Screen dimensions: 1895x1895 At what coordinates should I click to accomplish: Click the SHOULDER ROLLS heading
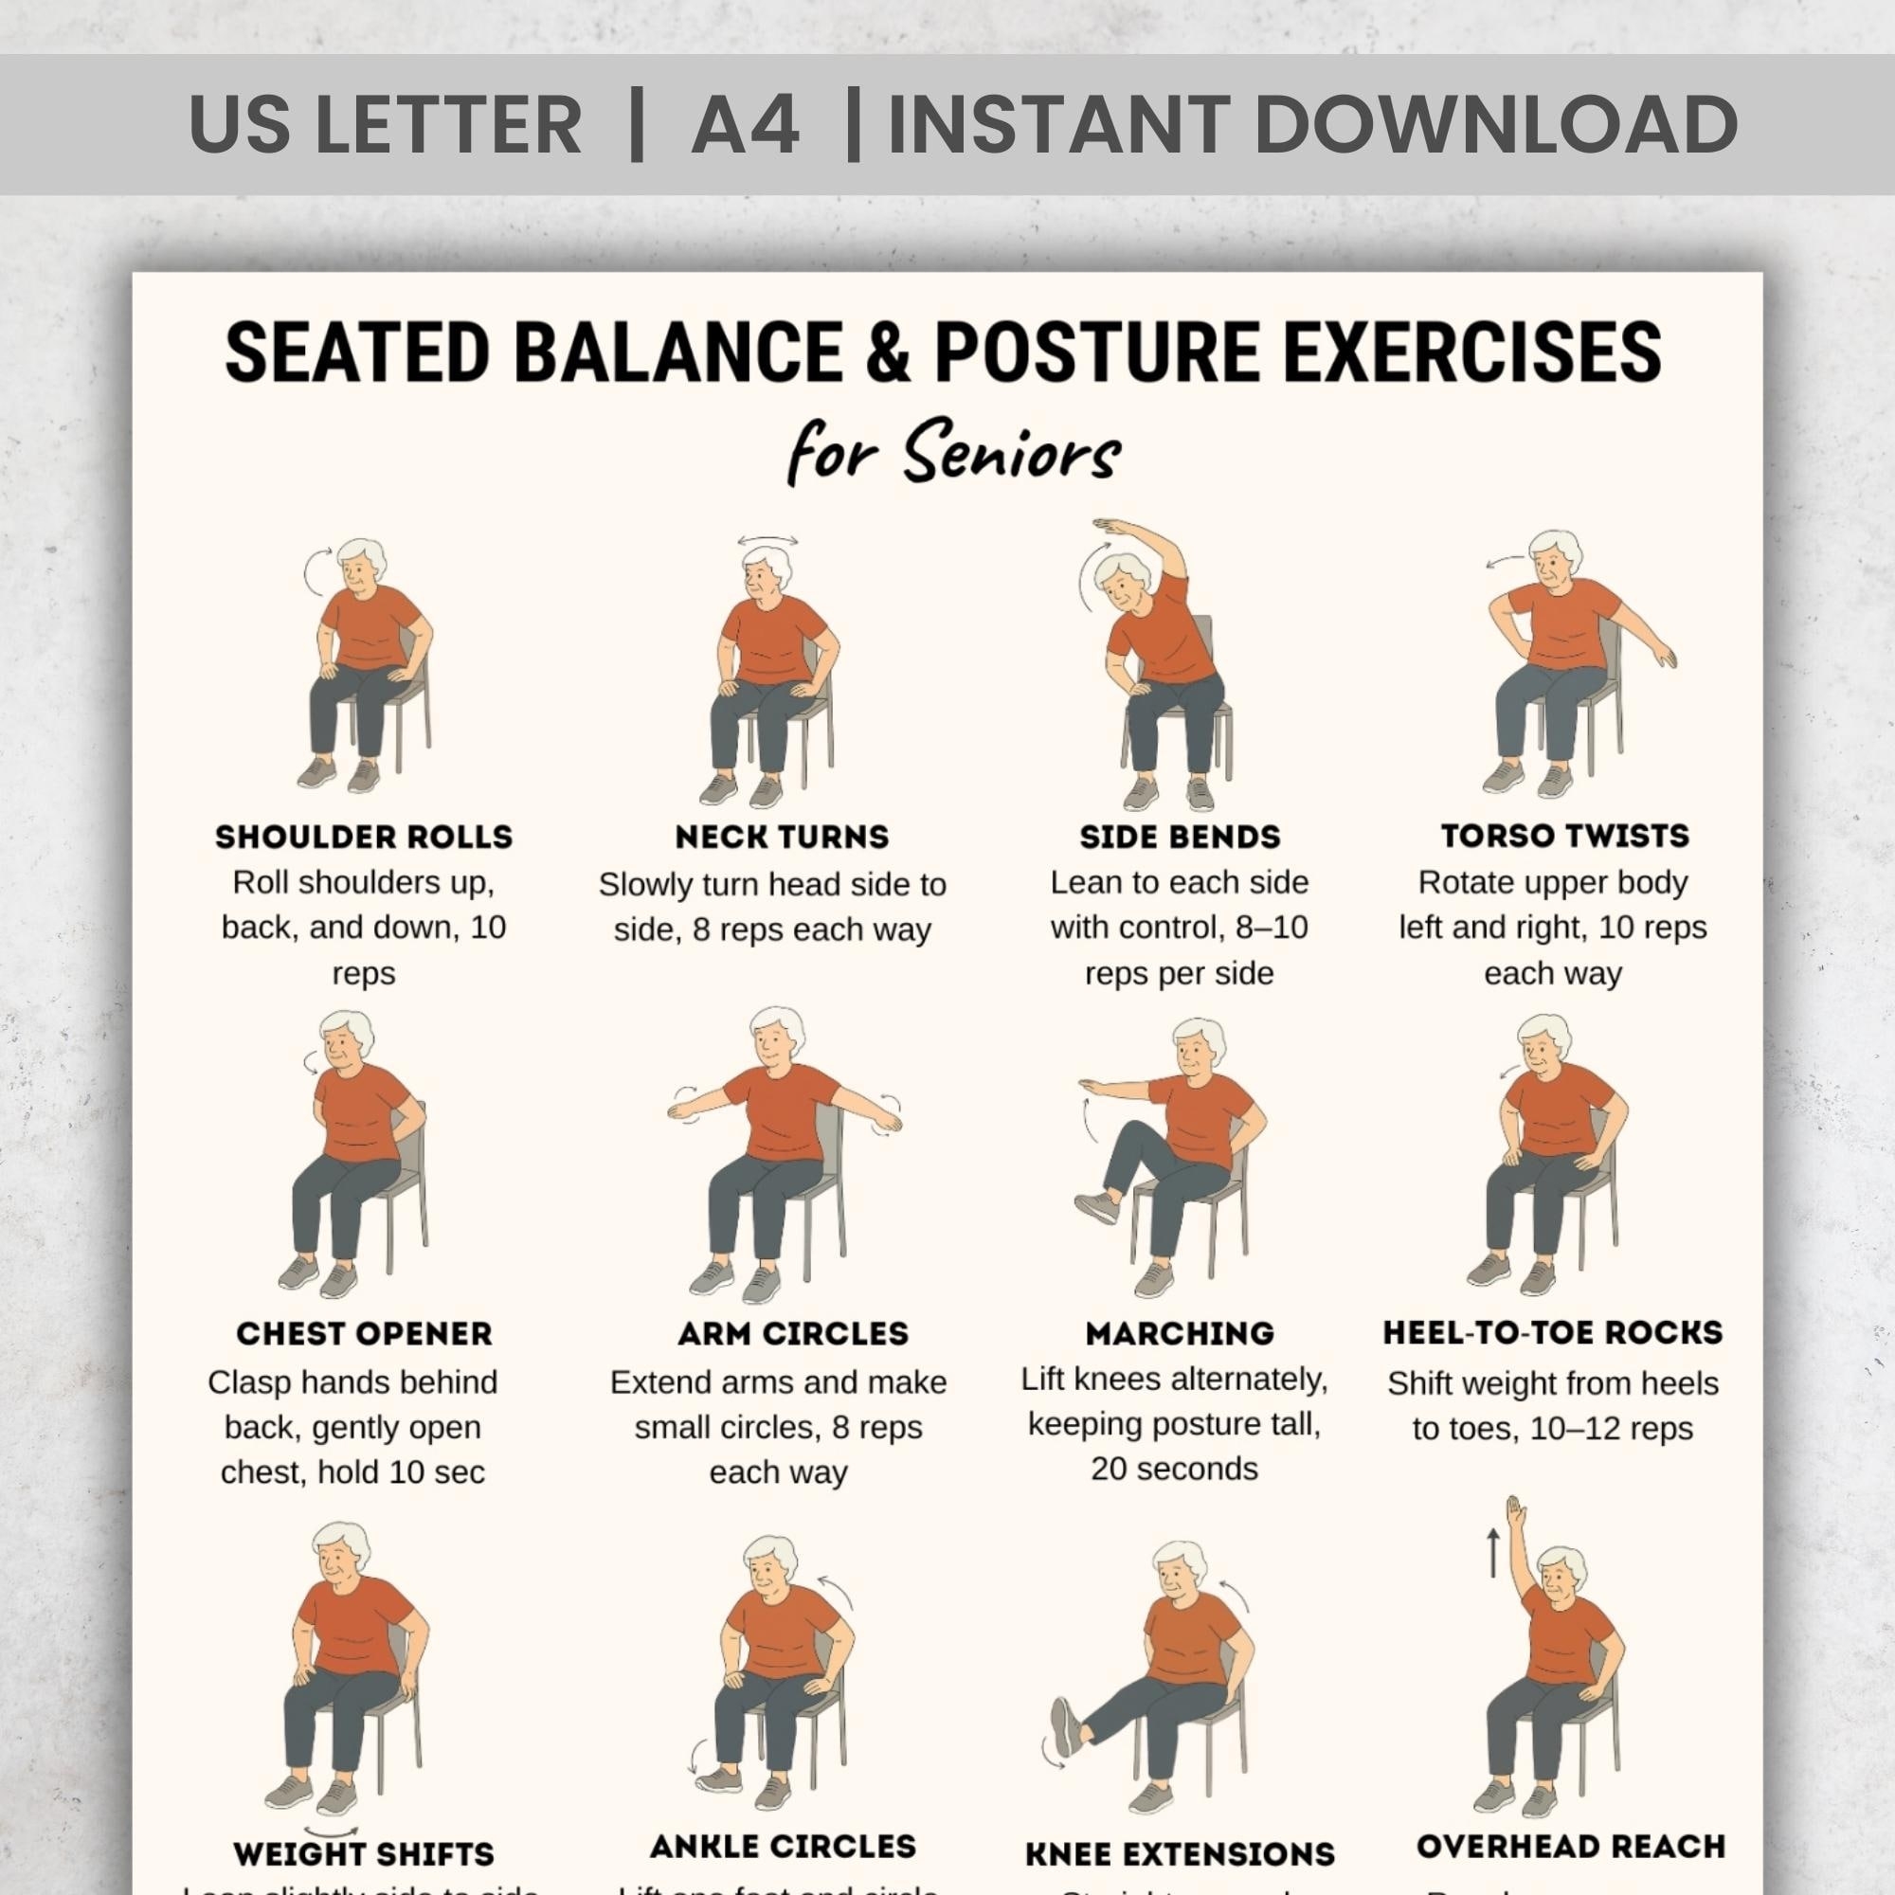(364, 837)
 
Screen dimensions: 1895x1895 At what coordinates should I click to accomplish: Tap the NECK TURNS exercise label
(782, 837)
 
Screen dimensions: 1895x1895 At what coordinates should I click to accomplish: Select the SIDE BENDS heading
(1180, 837)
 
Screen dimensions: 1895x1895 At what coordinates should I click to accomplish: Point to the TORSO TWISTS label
(1565, 836)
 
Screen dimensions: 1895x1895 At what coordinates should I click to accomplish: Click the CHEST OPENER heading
(364, 1334)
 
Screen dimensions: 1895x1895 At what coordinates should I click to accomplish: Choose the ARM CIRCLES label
(792, 1334)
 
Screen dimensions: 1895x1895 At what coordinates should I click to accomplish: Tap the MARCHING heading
(1180, 1334)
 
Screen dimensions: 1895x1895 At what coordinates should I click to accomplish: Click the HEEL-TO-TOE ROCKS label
(1553, 1333)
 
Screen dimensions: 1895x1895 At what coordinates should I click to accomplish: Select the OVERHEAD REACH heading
(1570, 1846)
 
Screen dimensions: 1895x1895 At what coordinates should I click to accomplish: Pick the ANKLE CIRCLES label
(783, 1846)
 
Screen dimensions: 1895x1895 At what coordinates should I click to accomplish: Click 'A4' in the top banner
(746, 124)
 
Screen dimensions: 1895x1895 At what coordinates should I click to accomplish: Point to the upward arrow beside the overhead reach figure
(1493, 1554)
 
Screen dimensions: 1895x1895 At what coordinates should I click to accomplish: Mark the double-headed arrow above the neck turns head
(767, 540)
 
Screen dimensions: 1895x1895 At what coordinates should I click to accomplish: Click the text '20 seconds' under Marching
(1174, 1469)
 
